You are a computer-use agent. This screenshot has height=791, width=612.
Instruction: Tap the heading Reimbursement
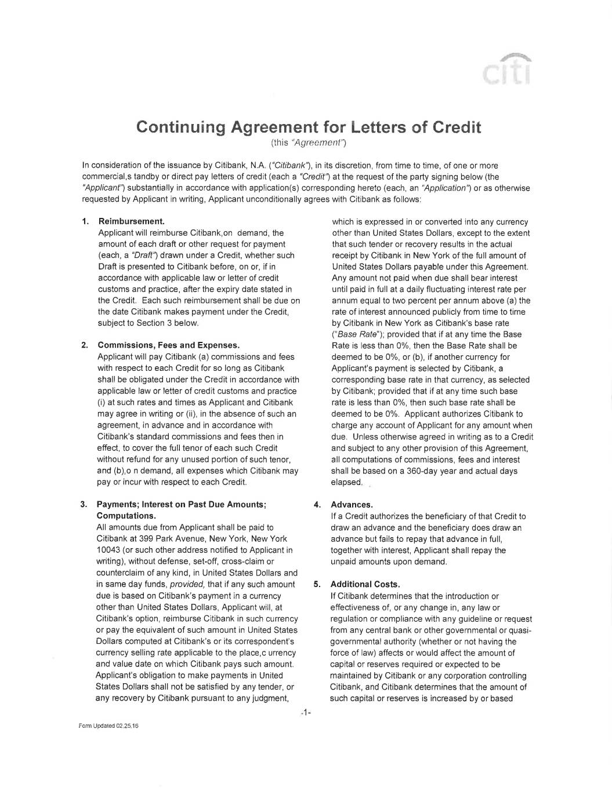(x=132, y=221)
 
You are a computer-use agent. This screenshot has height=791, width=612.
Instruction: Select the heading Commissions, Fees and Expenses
(x=169, y=345)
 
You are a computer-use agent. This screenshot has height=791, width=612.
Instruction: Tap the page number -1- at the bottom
(x=306, y=712)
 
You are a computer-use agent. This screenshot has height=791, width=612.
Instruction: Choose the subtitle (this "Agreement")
(x=308, y=142)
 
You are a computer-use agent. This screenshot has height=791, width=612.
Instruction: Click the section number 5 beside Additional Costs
(x=317, y=584)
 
